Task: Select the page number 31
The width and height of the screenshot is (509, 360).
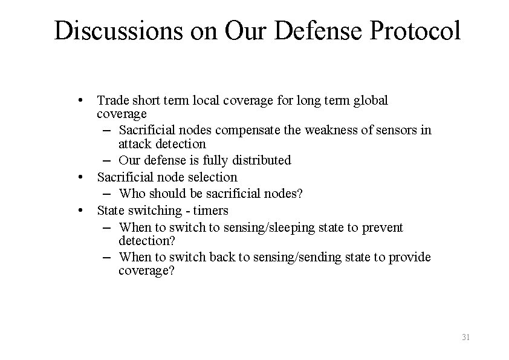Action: coord(465,336)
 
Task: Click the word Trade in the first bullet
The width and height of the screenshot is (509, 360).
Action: coord(112,100)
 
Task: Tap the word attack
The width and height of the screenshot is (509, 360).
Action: coord(135,144)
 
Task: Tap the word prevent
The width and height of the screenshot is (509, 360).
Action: coord(383,227)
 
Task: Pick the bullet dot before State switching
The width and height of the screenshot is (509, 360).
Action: coord(80,211)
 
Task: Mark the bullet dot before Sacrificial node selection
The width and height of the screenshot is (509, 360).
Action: coord(80,177)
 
